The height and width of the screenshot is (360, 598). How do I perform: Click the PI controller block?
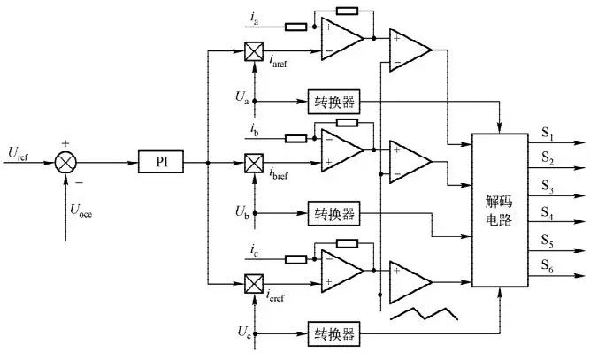click(160, 163)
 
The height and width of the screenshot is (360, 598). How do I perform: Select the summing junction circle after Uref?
click(65, 163)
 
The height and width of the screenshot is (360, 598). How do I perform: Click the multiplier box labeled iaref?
click(252, 52)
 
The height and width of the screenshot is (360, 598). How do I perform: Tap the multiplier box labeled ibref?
click(252, 164)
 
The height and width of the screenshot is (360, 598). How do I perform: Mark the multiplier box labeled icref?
click(252, 283)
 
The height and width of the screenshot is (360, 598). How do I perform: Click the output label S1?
click(548, 134)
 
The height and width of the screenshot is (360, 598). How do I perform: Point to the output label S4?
click(548, 212)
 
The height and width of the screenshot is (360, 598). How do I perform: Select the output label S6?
click(548, 265)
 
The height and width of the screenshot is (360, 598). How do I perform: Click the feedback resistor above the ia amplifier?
click(348, 11)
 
